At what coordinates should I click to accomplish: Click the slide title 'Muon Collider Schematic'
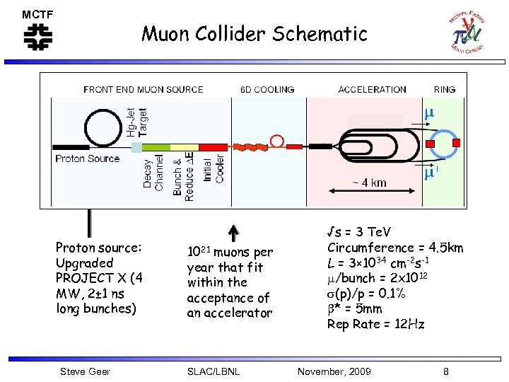tap(255, 33)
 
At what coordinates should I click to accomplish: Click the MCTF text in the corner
tap(37, 14)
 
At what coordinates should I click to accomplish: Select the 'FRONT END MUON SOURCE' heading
tap(143, 90)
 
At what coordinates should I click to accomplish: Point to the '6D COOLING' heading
tap(267, 90)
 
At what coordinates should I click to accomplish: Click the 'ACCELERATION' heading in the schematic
tap(372, 90)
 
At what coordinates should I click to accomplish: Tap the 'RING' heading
tap(445, 90)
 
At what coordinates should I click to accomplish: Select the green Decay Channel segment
tap(154, 146)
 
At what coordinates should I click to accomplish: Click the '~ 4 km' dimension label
tap(369, 183)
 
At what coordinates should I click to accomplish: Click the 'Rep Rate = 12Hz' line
tap(375, 325)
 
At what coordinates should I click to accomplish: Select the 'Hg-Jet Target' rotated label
tap(136, 122)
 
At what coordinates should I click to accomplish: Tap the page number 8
tap(445, 371)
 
